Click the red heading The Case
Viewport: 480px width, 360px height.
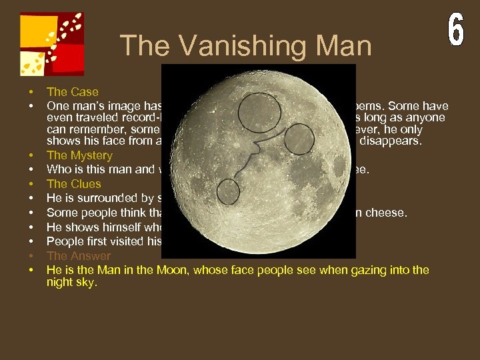pos(72,92)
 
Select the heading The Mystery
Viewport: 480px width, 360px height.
pos(79,155)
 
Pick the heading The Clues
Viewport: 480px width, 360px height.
pos(73,184)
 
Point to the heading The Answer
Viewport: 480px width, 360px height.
pos(79,256)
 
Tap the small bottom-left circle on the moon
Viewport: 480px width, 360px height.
pos(228,191)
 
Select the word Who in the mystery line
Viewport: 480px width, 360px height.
pos(58,170)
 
